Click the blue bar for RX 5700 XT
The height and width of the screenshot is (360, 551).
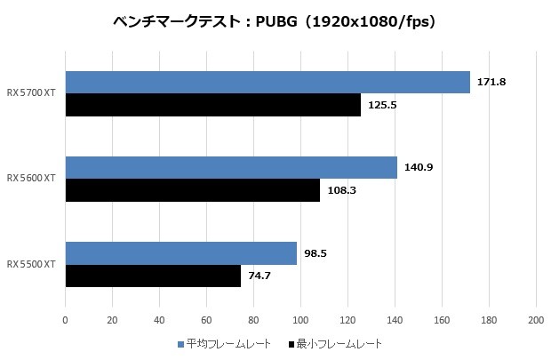click(x=267, y=83)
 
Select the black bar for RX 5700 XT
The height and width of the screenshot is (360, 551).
click(x=212, y=106)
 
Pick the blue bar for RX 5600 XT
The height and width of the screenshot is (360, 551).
click(x=231, y=168)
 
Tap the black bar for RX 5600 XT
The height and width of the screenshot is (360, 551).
click(x=192, y=190)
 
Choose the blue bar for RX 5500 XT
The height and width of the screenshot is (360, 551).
click(x=180, y=253)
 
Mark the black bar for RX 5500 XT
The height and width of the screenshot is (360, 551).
click(x=153, y=276)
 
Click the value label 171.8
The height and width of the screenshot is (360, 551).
click(x=491, y=82)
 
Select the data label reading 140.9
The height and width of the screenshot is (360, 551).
click(x=419, y=167)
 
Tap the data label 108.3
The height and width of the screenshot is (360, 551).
click(x=341, y=191)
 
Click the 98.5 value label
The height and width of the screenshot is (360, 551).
click(x=315, y=252)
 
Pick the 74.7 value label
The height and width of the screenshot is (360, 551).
click(x=260, y=276)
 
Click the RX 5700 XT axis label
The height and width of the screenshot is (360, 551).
click(x=31, y=93)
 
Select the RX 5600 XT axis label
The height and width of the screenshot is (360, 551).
click(x=31, y=179)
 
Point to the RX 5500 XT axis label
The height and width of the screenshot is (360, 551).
click(x=31, y=264)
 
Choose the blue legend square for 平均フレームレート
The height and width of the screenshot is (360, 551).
click(x=181, y=343)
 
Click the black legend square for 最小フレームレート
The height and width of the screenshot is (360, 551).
click(x=292, y=343)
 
